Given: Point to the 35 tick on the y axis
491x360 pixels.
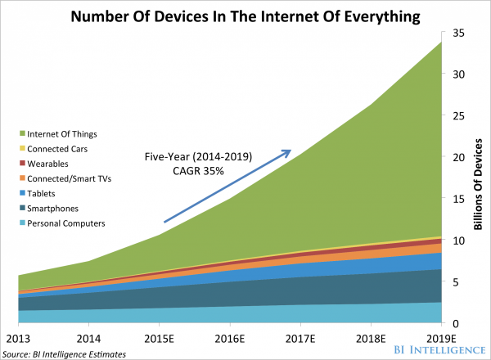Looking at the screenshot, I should point(457,33).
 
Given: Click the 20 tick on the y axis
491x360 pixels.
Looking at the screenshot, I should point(457,157).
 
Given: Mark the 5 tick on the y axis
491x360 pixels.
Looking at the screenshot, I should point(455,281).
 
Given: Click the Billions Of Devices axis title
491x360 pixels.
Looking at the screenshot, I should point(478,177).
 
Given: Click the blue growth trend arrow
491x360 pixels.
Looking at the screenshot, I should point(227,186).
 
